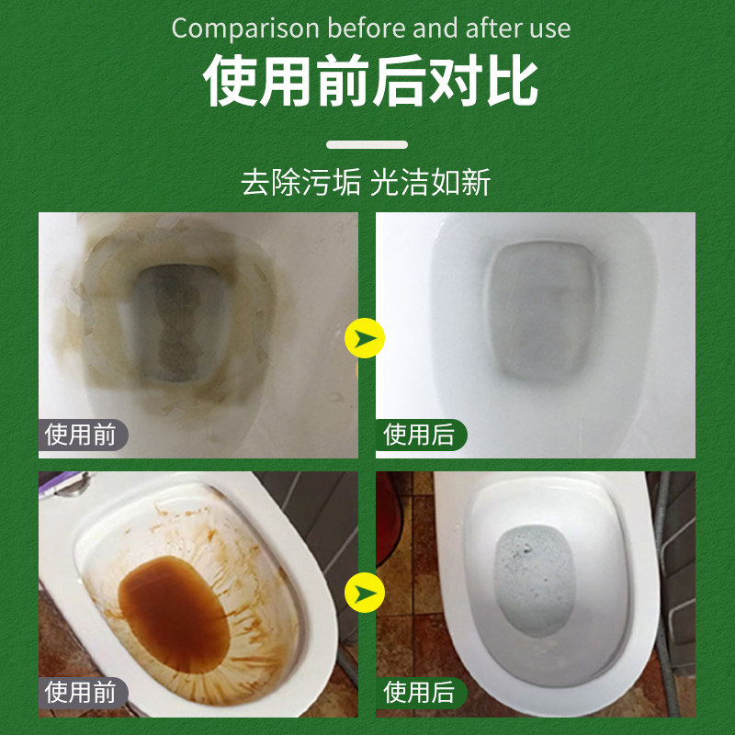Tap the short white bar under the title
point(367,144)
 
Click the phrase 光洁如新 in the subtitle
point(430,182)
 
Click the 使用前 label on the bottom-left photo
point(82,692)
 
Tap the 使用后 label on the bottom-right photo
point(421,692)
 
